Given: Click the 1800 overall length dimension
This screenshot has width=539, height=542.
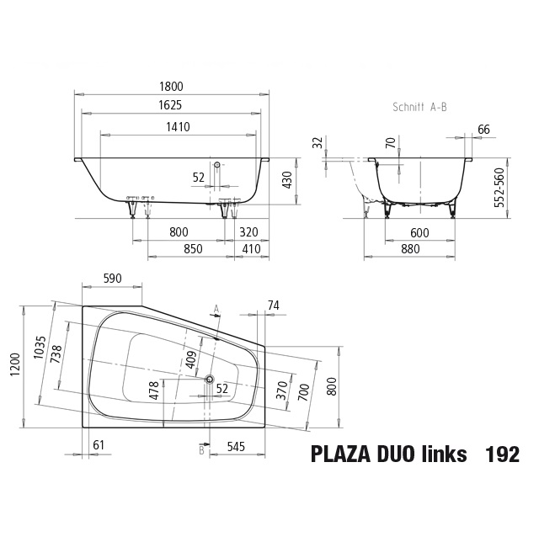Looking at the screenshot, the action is [x=171, y=87].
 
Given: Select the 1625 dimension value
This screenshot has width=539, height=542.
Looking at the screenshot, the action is [x=170, y=105].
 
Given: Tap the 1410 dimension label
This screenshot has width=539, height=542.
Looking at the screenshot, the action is [x=179, y=127].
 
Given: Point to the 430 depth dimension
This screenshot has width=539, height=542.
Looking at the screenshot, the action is [x=288, y=180].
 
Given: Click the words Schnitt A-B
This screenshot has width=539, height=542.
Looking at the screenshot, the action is [x=419, y=107].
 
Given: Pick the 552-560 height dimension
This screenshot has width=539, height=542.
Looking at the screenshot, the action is [x=499, y=188].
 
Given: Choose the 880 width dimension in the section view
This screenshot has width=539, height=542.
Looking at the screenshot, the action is [x=410, y=249].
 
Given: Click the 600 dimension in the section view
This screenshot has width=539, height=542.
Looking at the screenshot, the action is [x=419, y=233].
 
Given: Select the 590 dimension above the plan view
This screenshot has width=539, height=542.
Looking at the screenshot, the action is [x=113, y=279].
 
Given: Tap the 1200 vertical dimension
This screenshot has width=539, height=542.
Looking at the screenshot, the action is [x=16, y=365].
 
